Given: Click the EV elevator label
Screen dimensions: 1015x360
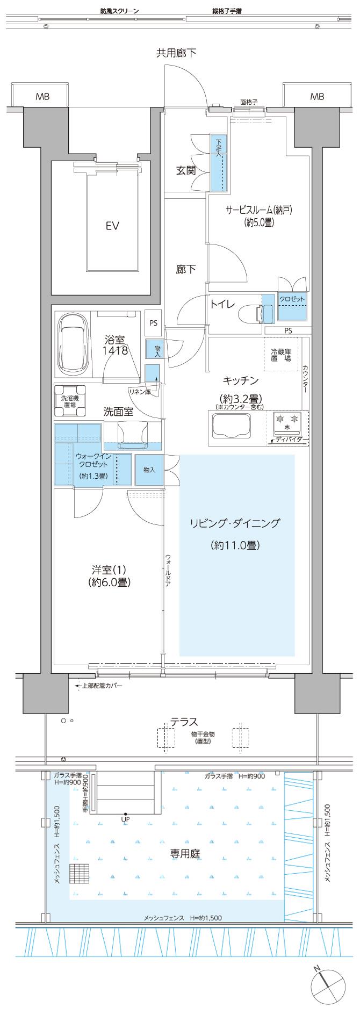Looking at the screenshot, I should [x=112, y=226].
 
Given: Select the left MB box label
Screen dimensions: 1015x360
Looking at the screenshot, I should [x=42, y=97].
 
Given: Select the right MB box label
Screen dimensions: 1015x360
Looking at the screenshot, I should [x=317, y=97].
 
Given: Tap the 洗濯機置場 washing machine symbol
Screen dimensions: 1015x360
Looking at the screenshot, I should [x=70, y=401].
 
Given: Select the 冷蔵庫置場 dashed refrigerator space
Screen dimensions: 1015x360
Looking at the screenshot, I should [x=280, y=354].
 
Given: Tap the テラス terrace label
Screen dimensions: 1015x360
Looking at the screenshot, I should [x=184, y=722].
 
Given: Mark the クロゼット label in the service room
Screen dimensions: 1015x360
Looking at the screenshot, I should [x=292, y=299].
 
